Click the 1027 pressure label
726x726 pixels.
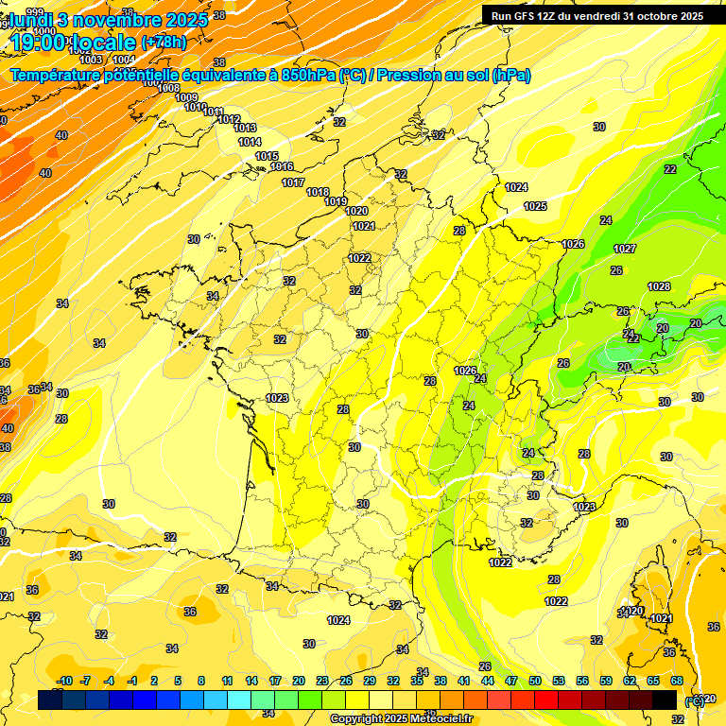(x=624, y=249)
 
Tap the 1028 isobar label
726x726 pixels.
(x=659, y=286)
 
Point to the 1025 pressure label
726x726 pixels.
(x=535, y=206)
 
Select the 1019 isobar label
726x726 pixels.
(x=336, y=201)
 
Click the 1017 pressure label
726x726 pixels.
(x=293, y=182)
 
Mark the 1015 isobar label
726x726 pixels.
(x=267, y=156)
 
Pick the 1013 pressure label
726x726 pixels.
(x=246, y=128)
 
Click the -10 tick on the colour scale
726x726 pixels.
(x=64, y=681)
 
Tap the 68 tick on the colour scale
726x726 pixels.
(x=677, y=681)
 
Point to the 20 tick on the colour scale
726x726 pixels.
(x=298, y=681)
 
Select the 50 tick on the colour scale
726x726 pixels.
(x=535, y=681)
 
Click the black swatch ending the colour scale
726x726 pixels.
(x=665, y=700)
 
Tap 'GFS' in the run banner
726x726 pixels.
(x=528, y=15)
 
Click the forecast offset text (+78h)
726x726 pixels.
(x=164, y=42)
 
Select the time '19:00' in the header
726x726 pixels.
(x=39, y=42)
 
